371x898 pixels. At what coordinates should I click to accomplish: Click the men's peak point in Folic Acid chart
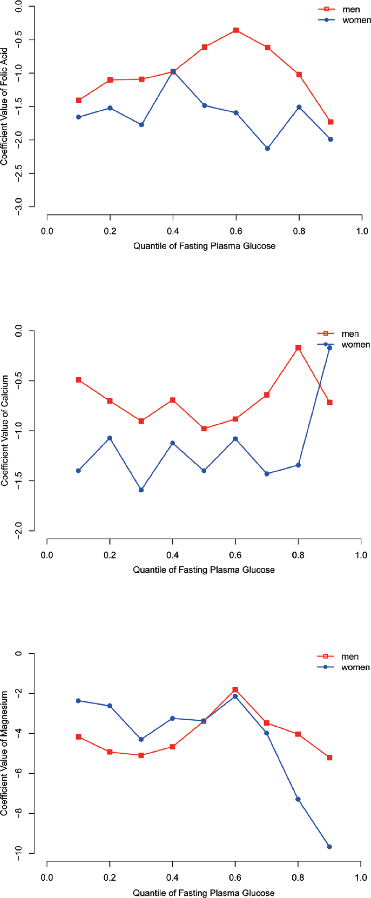point(236,30)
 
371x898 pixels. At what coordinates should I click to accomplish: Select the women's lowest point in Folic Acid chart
point(267,149)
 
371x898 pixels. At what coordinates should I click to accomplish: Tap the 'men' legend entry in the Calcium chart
point(350,334)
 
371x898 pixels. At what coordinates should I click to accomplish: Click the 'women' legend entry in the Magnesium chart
point(355,667)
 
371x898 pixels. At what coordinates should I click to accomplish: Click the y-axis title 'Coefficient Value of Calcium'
point(5,430)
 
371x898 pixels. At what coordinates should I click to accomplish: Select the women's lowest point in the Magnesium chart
point(329,847)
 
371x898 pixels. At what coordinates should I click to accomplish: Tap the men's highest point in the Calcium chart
point(298,348)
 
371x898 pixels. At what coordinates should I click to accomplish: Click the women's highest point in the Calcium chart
point(329,348)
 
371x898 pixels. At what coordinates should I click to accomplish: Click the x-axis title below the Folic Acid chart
point(204,246)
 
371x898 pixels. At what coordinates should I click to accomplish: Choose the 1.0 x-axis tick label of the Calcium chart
point(361,555)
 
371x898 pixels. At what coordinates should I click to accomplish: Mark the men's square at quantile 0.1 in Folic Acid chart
point(78,100)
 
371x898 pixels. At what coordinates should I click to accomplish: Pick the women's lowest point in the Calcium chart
point(141,490)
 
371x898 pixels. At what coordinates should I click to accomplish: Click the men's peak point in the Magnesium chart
point(235,689)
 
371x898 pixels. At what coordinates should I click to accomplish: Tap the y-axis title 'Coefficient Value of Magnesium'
point(5,753)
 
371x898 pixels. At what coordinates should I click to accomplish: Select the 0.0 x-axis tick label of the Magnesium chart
point(47,877)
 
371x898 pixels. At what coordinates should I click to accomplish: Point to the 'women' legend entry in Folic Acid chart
point(356,20)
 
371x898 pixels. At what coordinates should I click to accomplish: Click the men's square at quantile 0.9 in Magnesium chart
point(329,758)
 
